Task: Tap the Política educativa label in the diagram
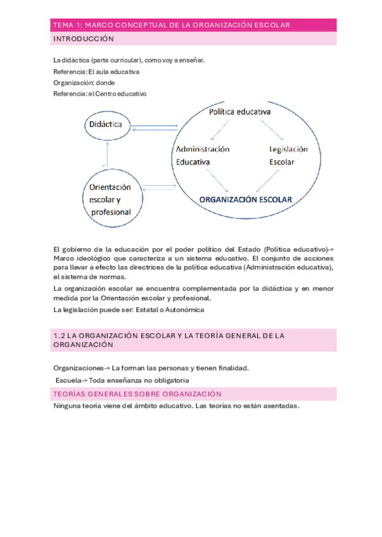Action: [239, 112]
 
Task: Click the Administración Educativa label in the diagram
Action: [202, 155]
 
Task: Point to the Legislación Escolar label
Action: [288, 155]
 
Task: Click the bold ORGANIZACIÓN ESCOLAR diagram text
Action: [245, 198]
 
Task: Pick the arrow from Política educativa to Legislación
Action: [272, 131]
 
